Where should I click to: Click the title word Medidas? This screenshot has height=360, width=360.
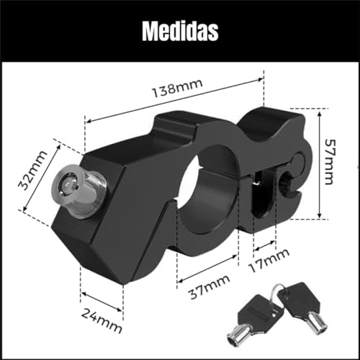(x=180, y=32)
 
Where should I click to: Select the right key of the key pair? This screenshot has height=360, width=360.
(x=303, y=309)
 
